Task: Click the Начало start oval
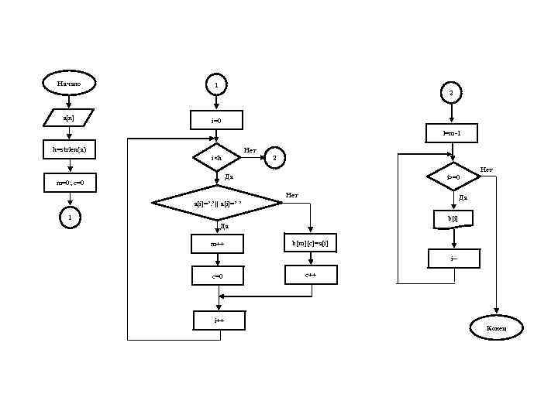pyautogui.click(x=69, y=82)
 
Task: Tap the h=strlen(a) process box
pyautogui.click(x=68, y=148)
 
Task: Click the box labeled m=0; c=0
pyautogui.click(x=68, y=183)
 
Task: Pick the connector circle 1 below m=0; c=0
pyautogui.click(x=69, y=219)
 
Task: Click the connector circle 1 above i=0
pyautogui.click(x=217, y=83)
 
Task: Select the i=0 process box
pyautogui.click(x=217, y=121)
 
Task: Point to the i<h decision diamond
pyautogui.click(x=217, y=158)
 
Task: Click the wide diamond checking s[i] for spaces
pyautogui.click(x=217, y=204)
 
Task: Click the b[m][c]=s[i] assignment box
pyautogui.click(x=310, y=243)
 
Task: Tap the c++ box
pyautogui.click(x=310, y=275)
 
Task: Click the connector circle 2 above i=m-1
pyautogui.click(x=452, y=93)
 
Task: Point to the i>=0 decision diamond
pyautogui.click(x=453, y=177)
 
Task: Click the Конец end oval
pyautogui.click(x=497, y=328)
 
